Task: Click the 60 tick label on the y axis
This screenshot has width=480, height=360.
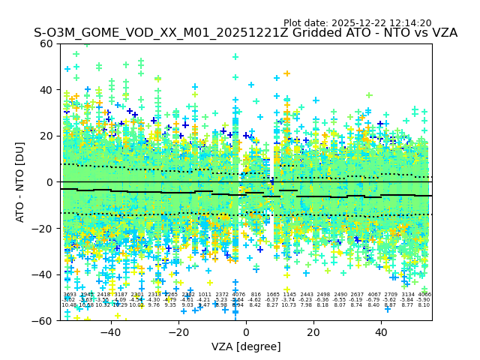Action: [46, 43]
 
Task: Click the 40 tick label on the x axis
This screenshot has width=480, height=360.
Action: [380, 332]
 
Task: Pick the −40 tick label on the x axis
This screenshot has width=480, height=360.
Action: [110, 332]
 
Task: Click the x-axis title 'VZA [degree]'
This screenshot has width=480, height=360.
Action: [245, 346]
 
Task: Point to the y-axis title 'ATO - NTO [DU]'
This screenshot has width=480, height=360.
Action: [21, 182]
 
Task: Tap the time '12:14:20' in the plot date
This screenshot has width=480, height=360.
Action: [410, 23]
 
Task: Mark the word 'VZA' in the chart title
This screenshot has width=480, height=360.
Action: [442, 33]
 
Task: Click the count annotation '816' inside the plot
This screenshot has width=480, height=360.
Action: [256, 295]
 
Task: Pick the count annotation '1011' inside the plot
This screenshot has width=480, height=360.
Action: [205, 295]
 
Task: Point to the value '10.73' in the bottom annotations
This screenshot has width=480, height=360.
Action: [289, 305]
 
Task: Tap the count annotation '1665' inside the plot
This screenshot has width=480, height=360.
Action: [273, 295]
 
